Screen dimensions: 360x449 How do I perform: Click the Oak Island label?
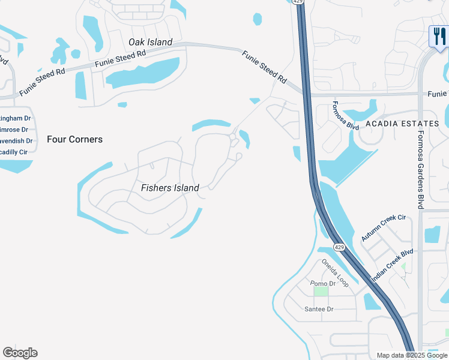click(x=150, y=42)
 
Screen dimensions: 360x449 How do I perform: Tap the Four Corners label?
click(x=74, y=139)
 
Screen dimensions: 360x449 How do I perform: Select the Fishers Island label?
click(x=170, y=188)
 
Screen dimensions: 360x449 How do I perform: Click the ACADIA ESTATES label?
click(x=406, y=124)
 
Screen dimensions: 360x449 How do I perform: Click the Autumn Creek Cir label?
click(x=384, y=227)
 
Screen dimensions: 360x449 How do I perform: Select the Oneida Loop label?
click(x=334, y=272)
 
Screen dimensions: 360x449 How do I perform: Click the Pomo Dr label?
click(x=323, y=283)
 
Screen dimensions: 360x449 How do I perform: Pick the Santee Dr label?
click(x=319, y=309)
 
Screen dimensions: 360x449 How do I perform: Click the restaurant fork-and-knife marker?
click(x=438, y=36)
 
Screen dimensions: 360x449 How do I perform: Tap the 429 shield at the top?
click(x=298, y=2)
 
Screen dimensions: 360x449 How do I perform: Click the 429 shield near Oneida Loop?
click(x=339, y=247)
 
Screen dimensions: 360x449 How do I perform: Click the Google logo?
click(x=20, y=353)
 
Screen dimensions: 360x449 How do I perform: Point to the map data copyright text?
click(x=412, y=355)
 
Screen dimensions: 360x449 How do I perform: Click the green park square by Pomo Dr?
click(x=322, y=291)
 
